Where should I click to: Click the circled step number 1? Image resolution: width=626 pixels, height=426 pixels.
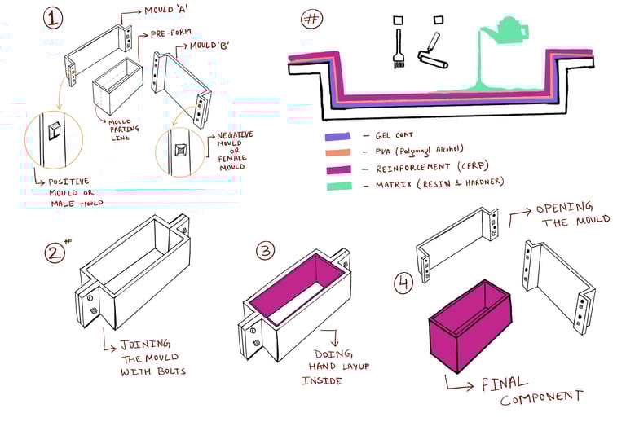coord(53,18)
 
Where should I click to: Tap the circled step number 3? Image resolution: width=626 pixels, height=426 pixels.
coord(265,250)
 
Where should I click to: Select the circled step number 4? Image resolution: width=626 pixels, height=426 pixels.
coord(403,284)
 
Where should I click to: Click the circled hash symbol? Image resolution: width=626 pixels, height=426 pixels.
coord(311,19)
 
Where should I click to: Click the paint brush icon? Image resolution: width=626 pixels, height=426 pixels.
coord(399,48)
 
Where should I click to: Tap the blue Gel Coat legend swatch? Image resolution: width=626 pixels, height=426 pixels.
coord(337,136)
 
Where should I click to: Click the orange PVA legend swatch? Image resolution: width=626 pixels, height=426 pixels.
coord(337,152)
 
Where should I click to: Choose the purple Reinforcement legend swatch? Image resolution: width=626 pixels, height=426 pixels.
coord(337,168)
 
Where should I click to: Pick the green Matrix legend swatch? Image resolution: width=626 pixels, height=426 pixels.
coord(337,185)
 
